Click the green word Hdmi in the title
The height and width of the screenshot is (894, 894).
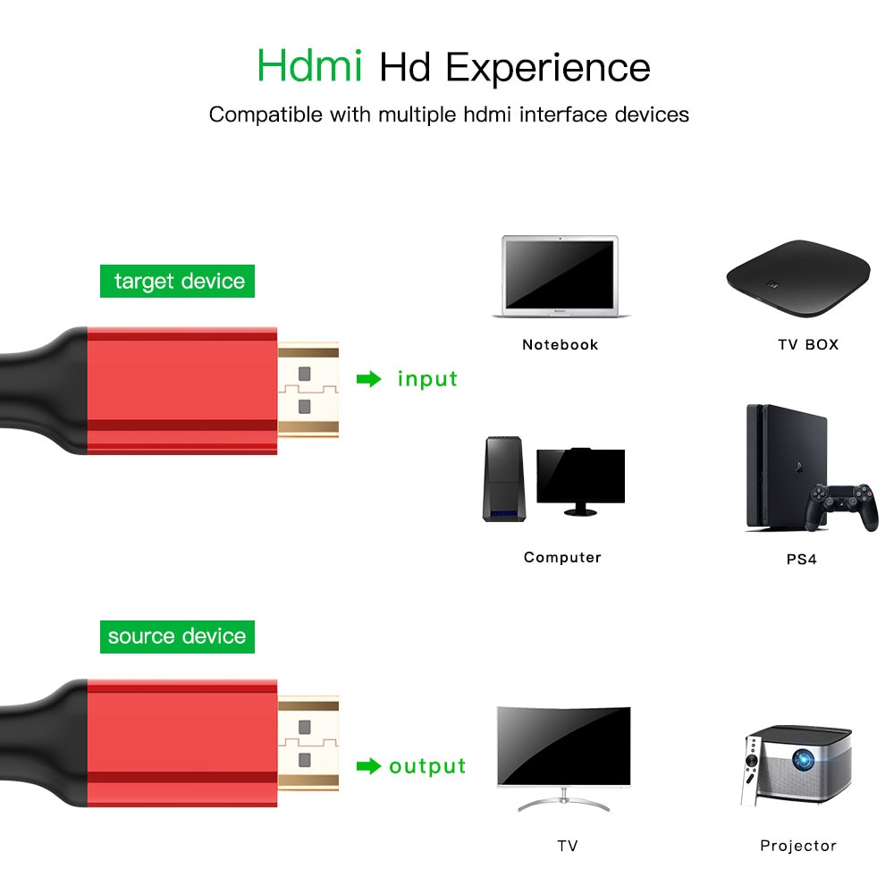[309, 67]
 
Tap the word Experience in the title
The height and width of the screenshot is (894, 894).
[548, 69]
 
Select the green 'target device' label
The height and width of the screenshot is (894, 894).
[178, 282]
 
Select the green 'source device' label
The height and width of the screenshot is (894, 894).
[177, 637]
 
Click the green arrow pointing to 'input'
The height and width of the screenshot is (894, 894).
[368, 379]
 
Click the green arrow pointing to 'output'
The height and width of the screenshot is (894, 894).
[368, 766]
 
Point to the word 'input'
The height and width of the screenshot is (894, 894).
[427, 379]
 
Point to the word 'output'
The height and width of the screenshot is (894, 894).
[427, 766]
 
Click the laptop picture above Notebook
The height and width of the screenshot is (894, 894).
[561, 276]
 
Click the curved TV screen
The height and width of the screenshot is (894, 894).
[563, 746]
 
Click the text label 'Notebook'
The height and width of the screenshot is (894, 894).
[561, 344]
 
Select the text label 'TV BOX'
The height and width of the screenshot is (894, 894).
[808, 344]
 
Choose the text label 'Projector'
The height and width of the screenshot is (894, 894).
[798, 845]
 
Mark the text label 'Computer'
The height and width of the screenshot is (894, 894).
[562, 557]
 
